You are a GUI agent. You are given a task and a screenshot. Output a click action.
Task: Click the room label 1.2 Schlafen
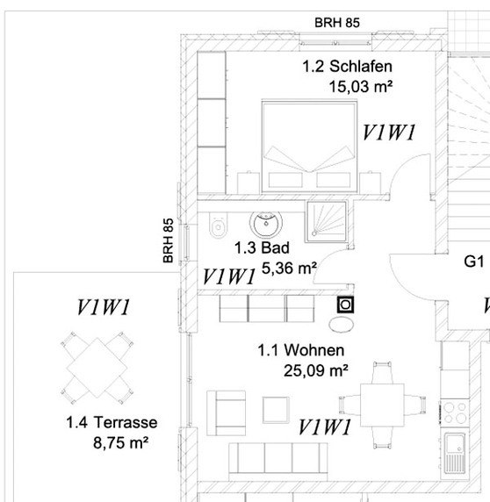coord(347,67)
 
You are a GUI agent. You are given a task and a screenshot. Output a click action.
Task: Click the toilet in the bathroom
coord(217,226)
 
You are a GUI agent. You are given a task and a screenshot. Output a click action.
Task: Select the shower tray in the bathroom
coord(326,219)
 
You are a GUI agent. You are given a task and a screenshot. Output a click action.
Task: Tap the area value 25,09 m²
coord(315,369)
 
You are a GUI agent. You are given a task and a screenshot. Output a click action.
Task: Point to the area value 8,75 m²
coord(119,444)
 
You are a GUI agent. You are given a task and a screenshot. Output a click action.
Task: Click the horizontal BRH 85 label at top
coord(337,21)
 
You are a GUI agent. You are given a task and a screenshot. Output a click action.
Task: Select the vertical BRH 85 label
coord(169,241)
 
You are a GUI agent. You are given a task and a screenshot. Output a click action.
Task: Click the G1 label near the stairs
coord(474,261)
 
